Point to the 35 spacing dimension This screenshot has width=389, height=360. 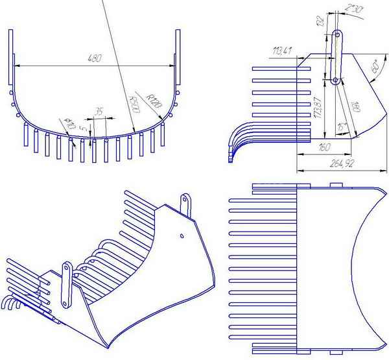[x=99, y=112]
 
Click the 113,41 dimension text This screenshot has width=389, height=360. [x=282, y=51]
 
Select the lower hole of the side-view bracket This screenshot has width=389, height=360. [x=335, y=80]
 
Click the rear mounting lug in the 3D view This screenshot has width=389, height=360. [x=186, y=202]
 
